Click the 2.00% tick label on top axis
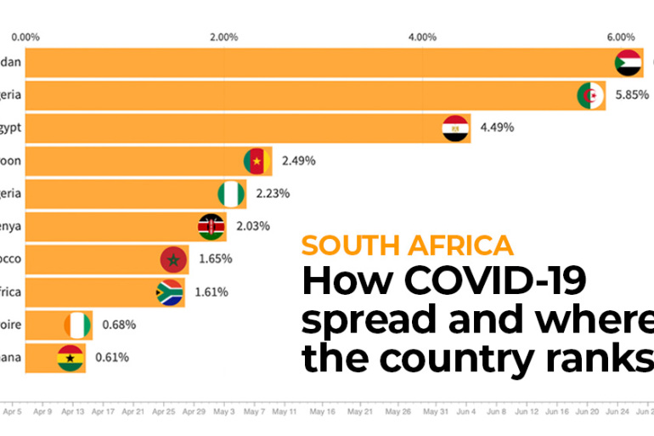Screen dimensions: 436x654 coord(223,37)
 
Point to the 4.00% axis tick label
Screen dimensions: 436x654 coord(422,37)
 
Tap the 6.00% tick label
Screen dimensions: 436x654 coord(621,37)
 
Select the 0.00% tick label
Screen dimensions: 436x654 coord(25,37)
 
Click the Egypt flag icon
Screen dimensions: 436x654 coord(456,128)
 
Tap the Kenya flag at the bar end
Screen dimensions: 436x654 coord(211,226)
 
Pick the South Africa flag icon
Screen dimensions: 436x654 coord(170,292)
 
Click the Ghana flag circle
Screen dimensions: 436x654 coord(70,357)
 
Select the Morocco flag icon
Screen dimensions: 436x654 coord(173,259)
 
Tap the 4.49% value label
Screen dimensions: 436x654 coord(497,128)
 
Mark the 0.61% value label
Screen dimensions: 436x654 coord(111,357)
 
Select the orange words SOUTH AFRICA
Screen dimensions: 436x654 coord(407,246)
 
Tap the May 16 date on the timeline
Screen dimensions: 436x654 coord(322,411)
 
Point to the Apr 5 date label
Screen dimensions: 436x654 coord(12,411)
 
